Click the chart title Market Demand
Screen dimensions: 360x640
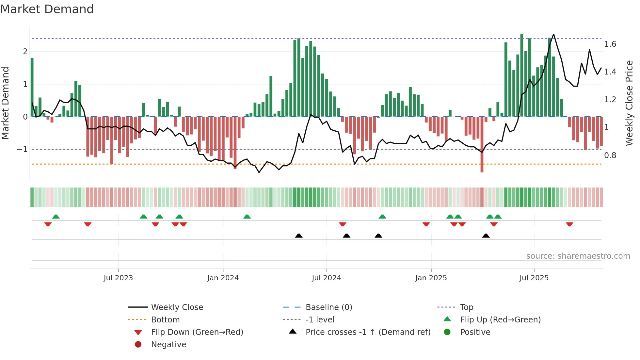(x=47, y=9)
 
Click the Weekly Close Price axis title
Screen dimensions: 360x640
(x=629, y=103)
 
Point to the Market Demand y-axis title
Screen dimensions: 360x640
(x=5, y=103)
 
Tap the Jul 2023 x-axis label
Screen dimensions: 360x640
(x=118, y=278)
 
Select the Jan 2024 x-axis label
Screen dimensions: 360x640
(x=223, y=278)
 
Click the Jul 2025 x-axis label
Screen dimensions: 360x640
(x=534, y=278)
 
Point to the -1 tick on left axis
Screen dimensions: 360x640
(x=22, y=149)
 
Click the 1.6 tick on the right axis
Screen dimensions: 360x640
(x=610, y=44)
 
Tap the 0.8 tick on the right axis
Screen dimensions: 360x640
(x=610, y=155)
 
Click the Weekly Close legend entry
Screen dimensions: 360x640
(x=177, y=307)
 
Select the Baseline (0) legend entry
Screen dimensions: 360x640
(x=328, y=307)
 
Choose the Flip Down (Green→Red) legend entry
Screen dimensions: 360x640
(x=197, y=332)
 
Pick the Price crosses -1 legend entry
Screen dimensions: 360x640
(x=368, y=332)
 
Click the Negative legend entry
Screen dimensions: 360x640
(x=168, y=345)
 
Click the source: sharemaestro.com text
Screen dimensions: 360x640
(x=578, y=256)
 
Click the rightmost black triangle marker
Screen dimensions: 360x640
(x=486, y=236)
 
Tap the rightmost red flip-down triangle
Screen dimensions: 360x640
(x=569, y=224)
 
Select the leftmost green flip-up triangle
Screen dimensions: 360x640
(x=56, y=217)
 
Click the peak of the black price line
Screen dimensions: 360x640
(x=553, y=34)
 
